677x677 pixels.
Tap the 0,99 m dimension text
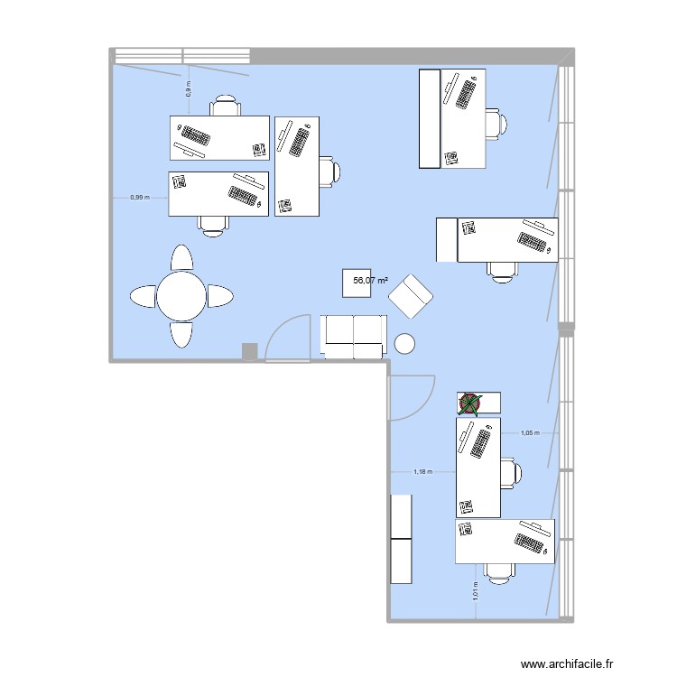[139, 197]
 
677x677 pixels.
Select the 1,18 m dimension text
[422, 470]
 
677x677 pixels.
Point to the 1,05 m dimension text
[530, 432]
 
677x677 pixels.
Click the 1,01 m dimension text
[476, 592]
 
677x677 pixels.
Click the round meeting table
[181, 295]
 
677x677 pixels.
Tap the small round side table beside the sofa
[404, 343]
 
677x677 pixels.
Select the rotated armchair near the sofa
[411, 296]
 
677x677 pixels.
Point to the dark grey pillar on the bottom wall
[250, 352]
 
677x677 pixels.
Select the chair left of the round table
[144, 295]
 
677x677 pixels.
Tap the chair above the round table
[181, 258]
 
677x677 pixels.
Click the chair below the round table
[181, 333]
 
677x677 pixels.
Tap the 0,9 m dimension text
[189, 89]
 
